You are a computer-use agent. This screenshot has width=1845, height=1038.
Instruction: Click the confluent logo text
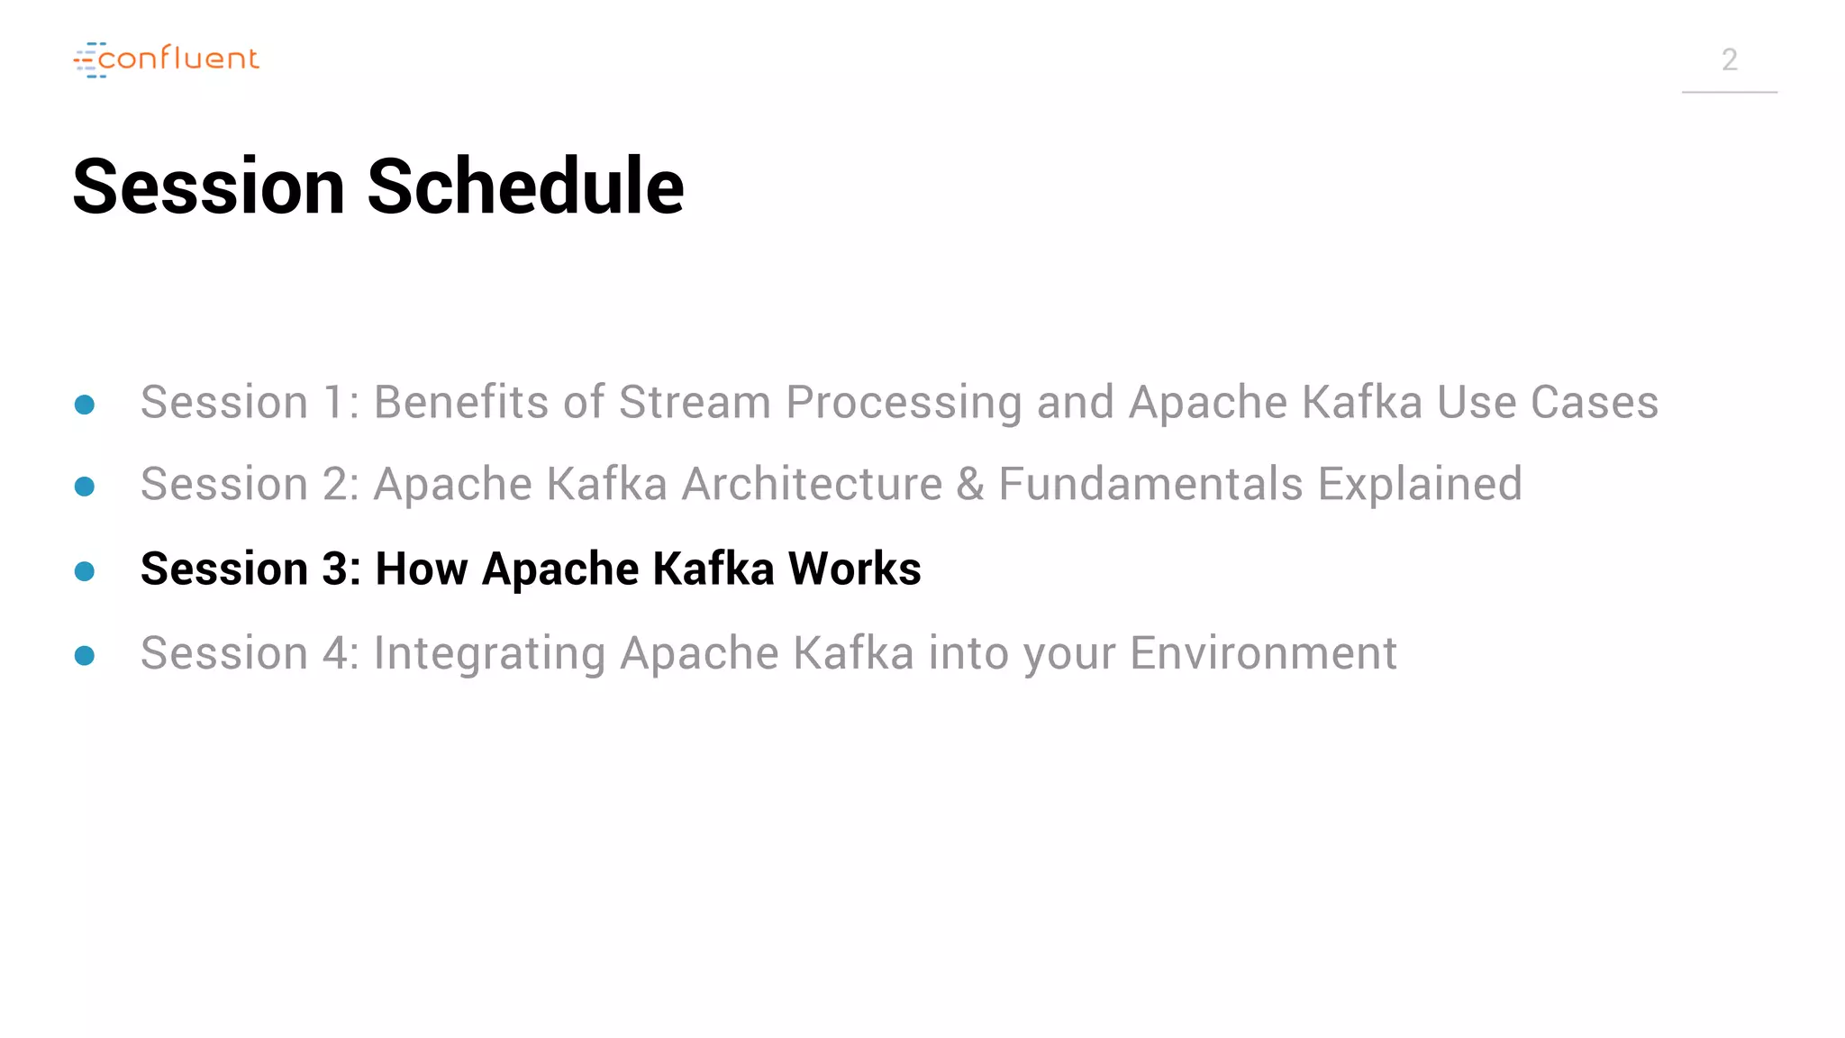178,59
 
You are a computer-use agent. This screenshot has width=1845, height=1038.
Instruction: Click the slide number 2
1729,60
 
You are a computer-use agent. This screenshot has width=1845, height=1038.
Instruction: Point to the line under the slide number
1729,92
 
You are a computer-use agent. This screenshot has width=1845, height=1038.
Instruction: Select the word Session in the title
209,187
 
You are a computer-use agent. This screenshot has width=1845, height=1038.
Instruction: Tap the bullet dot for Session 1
85,405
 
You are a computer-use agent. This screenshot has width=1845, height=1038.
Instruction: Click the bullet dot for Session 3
85,571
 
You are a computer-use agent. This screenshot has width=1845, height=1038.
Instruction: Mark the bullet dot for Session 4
85,655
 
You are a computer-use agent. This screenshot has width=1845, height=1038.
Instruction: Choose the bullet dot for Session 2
85,487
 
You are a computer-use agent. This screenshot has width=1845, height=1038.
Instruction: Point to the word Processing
904,404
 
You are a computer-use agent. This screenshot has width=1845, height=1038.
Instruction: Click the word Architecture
811,485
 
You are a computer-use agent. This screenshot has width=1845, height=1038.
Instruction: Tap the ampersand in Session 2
970,485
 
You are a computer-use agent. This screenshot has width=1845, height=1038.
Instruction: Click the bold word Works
854,569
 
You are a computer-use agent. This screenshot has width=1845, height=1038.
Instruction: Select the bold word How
421,569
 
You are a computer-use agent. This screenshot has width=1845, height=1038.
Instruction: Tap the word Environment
1263,653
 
